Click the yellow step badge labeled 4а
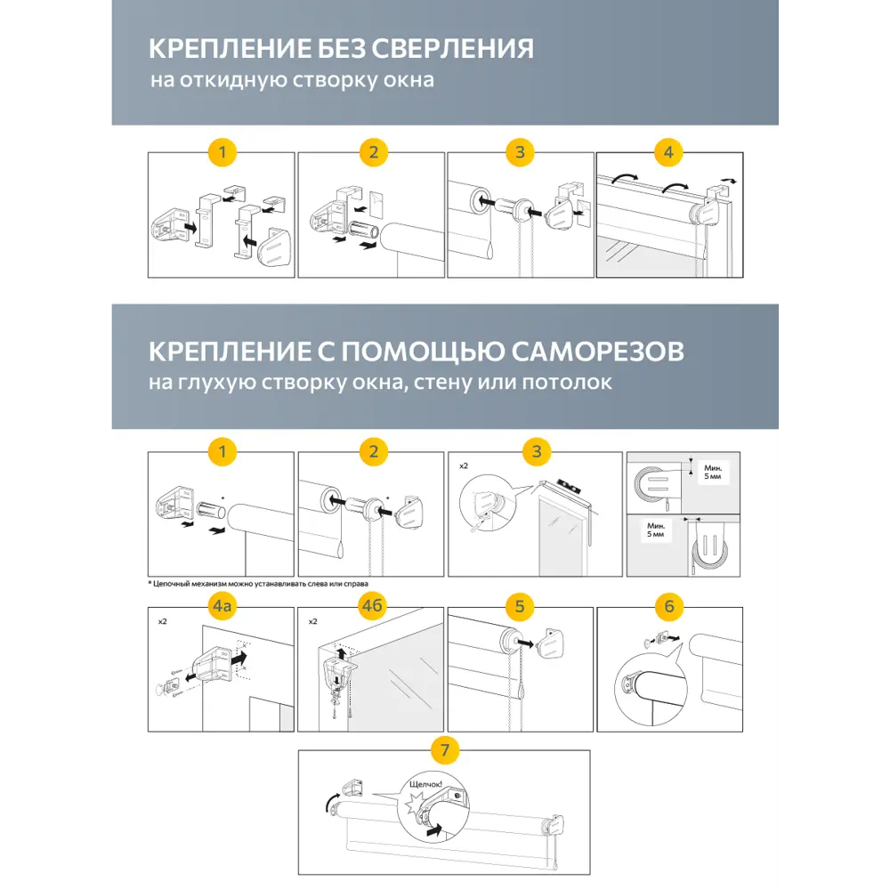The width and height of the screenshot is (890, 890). click(x=222, y=608)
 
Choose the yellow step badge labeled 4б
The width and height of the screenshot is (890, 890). click(x=372, y=608)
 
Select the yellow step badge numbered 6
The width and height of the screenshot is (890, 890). click(x=669, y=608)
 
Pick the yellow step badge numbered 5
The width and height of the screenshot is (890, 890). click(x=521, y=608)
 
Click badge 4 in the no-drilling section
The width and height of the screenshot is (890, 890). click(x=669, y=152)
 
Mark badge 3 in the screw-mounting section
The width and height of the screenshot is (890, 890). click(x=536, y=451)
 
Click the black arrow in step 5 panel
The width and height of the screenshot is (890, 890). click(x=528, y=640)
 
